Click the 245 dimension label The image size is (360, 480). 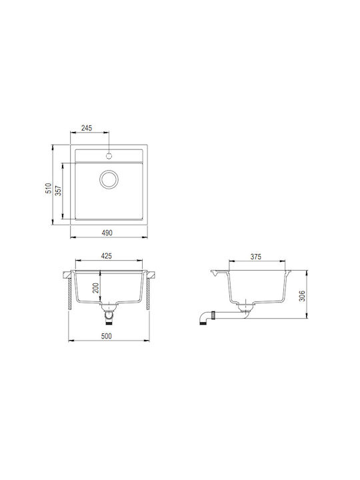(x=87, y=128)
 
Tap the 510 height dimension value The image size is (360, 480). (x=49, y=188)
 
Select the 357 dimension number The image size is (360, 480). (x=58, y=191)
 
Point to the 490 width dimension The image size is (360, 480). (x=107, y=233)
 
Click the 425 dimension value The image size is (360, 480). (x=106, y=255)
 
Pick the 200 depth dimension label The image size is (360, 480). (x=96, y=288)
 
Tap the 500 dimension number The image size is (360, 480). (x=106, y=336)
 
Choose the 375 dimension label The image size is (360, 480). (x=256, y=257)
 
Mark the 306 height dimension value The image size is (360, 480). (x=302, y=296)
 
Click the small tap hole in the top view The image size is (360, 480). (x=109, y=156)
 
